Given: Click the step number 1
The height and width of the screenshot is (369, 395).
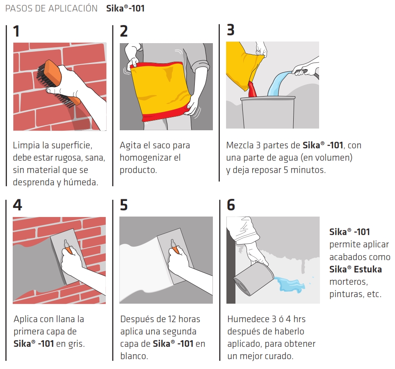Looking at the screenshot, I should coord(16,31).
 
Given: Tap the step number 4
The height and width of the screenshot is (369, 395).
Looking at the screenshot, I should coord(17,205).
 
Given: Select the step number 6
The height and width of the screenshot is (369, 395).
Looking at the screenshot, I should coord(231,205).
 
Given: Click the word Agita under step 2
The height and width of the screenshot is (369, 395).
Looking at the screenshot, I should coord(130,145).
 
